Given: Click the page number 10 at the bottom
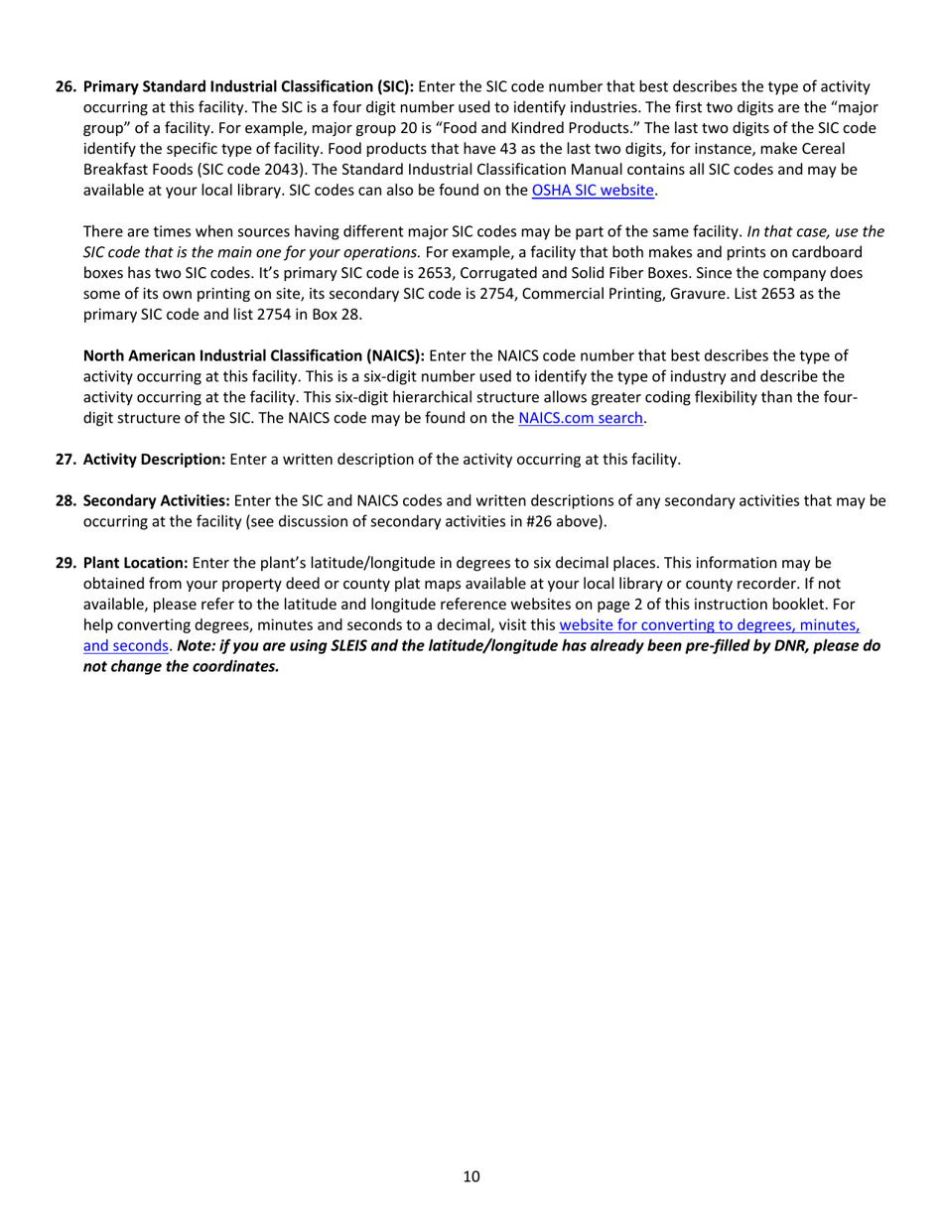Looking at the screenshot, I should tap(471, 1177).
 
